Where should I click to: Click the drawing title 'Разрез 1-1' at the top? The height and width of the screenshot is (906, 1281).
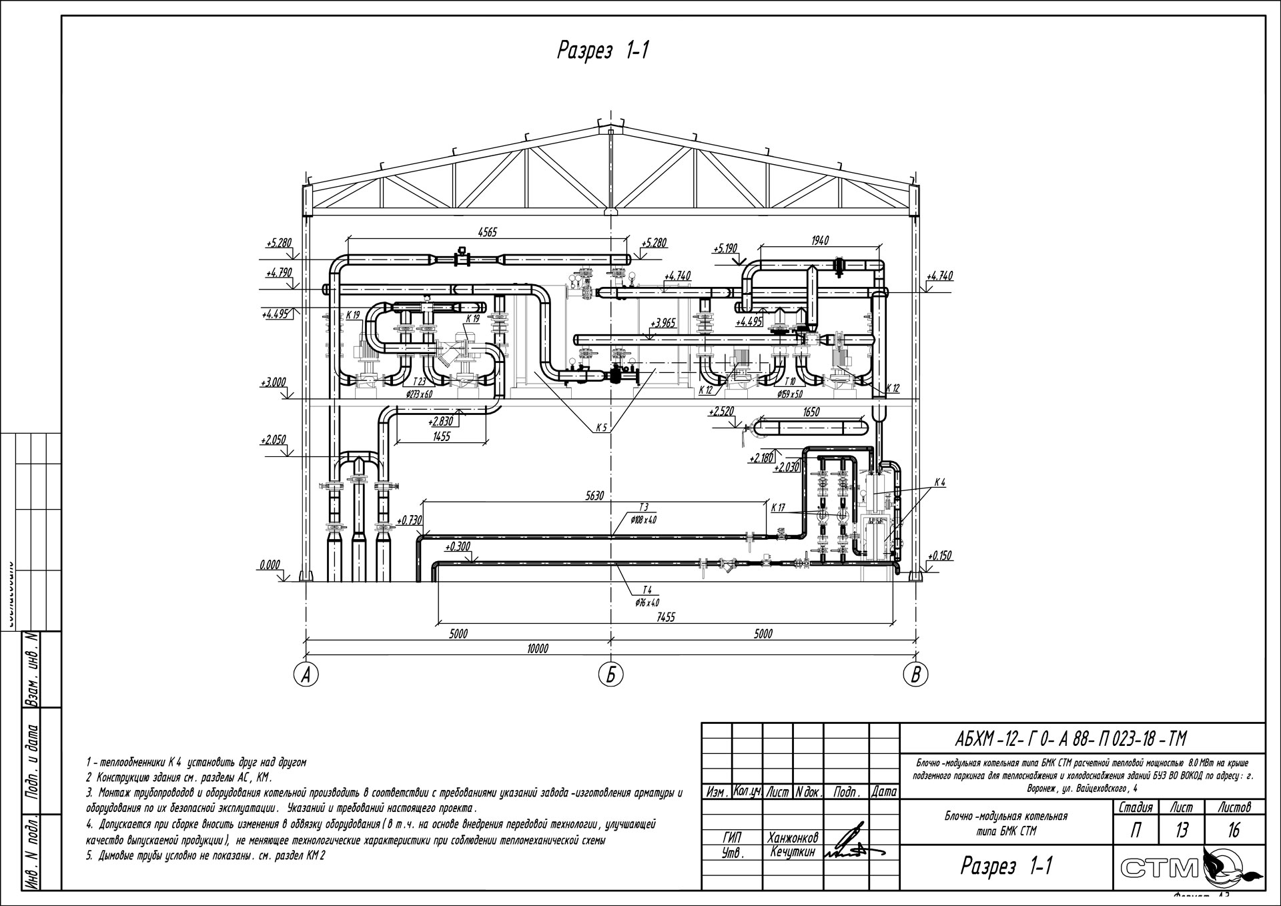tap(602, 51)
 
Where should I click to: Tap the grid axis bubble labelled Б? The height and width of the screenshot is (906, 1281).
tap(610, 675)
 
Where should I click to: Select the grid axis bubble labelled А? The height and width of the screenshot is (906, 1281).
tap(306, 675)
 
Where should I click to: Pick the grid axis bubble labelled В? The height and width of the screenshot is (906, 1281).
tap(915, 675)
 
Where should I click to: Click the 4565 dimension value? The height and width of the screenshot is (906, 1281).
tap(487, 232)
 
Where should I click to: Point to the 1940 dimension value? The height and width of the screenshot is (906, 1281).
tap(820, 240)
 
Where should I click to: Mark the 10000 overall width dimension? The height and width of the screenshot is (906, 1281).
tap(537, 648)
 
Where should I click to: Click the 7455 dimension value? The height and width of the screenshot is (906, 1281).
tap(665, 617)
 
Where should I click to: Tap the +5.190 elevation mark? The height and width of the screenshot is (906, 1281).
tap(725, 249)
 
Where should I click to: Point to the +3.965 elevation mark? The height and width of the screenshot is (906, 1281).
tap(663, 324)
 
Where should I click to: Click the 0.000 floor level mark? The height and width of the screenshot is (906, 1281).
tap(270, 565)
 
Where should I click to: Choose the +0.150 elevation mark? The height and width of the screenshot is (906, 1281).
tap(939, 555)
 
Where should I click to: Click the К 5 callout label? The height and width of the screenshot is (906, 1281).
tap(601, 428)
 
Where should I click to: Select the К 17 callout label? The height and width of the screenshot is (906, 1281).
tap(778, 508)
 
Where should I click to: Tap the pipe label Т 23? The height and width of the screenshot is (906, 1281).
tap(419, 382)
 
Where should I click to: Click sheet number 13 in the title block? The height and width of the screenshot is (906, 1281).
tap(1182, 830)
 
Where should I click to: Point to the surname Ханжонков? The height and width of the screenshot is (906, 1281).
tap(793, 837)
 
